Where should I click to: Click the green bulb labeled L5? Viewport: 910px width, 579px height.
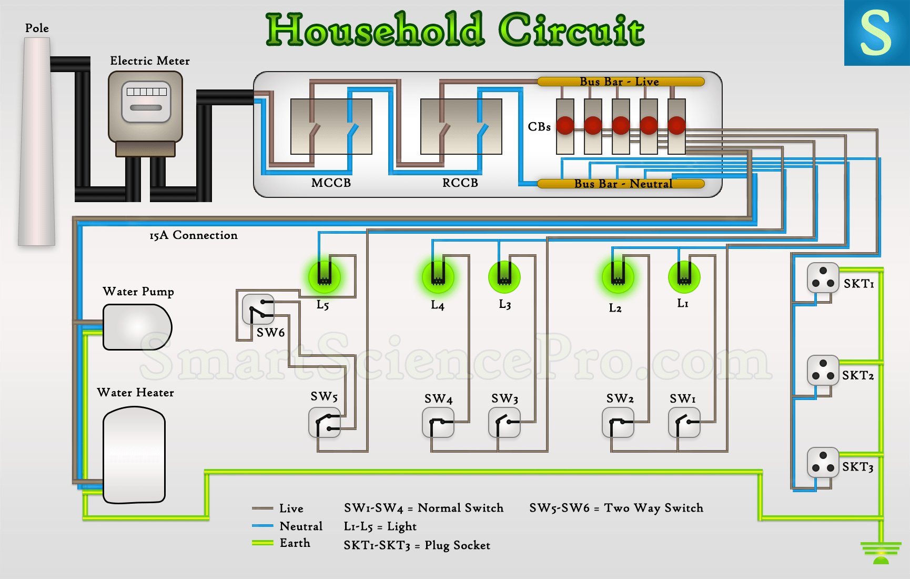click(x=324, y=277)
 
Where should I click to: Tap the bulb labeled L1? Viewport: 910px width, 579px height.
click(x=684, y=277)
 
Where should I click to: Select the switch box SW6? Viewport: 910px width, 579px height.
click(x=258, y=310)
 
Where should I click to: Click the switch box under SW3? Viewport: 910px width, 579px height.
click(x=504, y=423)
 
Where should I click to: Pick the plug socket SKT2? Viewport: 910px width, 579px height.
click(x=823, y=370)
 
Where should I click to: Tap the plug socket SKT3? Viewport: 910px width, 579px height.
click(x=823, y=462)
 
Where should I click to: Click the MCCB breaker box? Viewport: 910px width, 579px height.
click(x=331, y=126)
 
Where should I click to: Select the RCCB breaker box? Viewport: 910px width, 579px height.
click(x=461, y=126)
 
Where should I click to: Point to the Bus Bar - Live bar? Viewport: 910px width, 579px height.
click(x=621, y=82)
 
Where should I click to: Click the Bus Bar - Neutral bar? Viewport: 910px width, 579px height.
click(x=621, y=184)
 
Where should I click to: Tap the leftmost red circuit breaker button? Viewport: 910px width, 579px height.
click(x=565, y=125)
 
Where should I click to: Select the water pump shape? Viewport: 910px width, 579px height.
click(x=137, y=327)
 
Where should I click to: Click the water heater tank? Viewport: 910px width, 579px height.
click(x=134, y=455)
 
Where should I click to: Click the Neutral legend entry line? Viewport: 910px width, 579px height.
click(x=262, y=526)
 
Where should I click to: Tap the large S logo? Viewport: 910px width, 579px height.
click(x=876, y=33)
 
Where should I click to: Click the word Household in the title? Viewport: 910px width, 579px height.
click(x=375, y=29)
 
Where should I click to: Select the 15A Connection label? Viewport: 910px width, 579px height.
click(x=194, y=235)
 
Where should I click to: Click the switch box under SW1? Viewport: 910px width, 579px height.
click(x=684, y=423)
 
